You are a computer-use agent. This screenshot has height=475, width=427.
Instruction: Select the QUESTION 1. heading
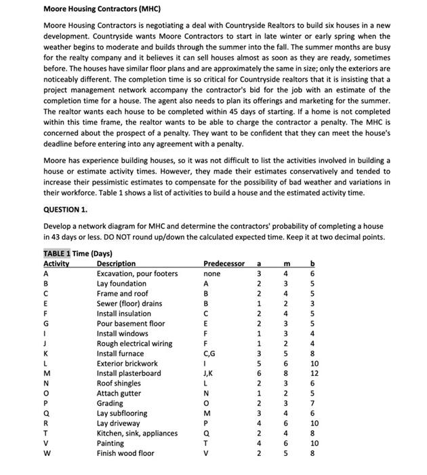click(x=66, y=210)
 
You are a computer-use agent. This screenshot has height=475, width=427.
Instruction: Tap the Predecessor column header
click(x=224, y=263)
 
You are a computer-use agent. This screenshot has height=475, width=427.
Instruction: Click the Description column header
click(x=116, y=263)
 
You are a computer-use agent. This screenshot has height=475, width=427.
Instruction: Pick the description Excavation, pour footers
click(x=137, y=273)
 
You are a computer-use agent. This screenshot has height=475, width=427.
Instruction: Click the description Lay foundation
click(x=121, y=284)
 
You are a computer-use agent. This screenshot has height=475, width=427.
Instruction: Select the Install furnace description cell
click(x=120, y=354)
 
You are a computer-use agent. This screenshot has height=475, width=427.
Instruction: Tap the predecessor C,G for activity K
click(x=209, y=354)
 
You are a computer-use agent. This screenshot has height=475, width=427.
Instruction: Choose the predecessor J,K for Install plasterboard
click(x=209, y=373)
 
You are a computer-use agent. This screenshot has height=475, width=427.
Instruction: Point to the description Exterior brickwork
click(x=127, y=364)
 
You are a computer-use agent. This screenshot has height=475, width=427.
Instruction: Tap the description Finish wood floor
click(x=125, y=453)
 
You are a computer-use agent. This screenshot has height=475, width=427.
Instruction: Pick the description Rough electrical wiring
click(x=134, y=343)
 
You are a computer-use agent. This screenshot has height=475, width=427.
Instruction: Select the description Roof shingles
click(x=119, y=383)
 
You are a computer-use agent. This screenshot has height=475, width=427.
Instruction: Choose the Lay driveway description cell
click(x=118, y=423)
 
